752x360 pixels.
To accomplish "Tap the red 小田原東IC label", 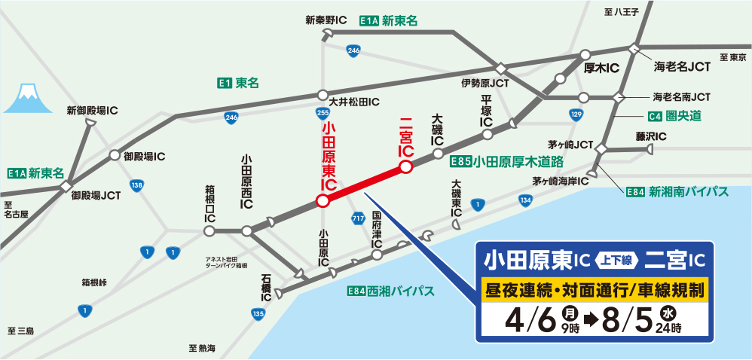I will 328,154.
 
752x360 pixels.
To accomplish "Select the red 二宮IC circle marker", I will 405,167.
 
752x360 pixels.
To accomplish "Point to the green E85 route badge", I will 460,161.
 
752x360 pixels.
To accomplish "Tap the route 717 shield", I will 358,218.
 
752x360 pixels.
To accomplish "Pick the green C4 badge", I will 655,116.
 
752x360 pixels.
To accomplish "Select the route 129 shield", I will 576,115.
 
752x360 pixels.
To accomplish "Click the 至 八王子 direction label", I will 621,11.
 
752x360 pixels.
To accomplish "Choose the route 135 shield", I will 258,313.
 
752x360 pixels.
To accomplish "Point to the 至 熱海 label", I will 202,348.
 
